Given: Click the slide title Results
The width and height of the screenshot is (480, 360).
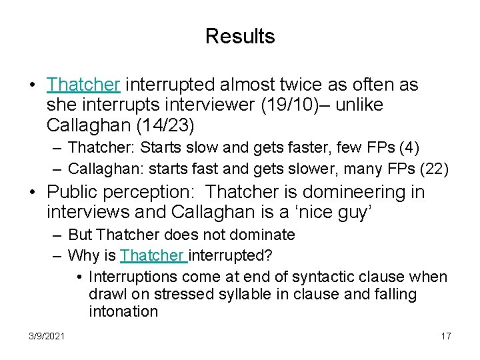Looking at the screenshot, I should click(240, 36).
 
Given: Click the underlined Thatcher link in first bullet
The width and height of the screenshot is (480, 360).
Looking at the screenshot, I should click(83, 85).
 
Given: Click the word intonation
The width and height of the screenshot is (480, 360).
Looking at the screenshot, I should click(123, 312).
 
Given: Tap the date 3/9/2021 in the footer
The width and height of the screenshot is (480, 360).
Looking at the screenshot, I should click(47, 336).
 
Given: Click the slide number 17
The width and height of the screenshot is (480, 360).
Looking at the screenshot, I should click(445, 336).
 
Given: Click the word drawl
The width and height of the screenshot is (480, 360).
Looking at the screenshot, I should click(107, 294).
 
